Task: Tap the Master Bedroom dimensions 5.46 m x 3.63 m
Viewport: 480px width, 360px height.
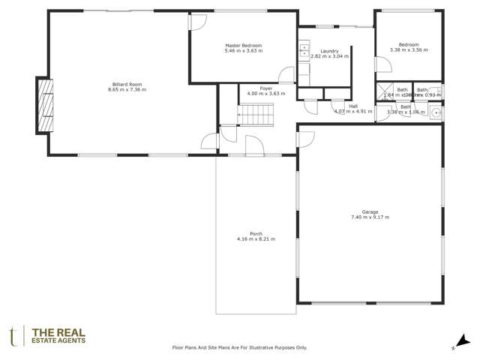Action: click(x=243, y=51)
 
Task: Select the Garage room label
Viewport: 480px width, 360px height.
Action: click(x=370, y=212)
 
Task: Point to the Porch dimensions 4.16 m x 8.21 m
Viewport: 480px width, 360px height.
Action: click(x=256, y=238)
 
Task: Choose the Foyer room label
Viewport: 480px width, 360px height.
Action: click(x=256, y=88)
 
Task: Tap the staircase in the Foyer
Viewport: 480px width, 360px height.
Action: click(x=256, y=115)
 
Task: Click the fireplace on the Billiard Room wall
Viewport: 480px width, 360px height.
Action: click(x=46, y=105)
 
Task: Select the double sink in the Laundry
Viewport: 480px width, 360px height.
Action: click(x=304, y=52)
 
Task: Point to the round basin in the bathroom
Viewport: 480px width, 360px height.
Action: click(x=435, y=114)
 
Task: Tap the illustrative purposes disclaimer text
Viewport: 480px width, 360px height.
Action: click(x=240, y=347)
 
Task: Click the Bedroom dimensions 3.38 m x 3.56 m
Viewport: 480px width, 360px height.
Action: click(x=409, y=50)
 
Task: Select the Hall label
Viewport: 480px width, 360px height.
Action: click(x=352, y=106)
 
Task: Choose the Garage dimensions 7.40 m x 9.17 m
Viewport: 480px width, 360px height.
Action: click(x=370, y=217)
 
